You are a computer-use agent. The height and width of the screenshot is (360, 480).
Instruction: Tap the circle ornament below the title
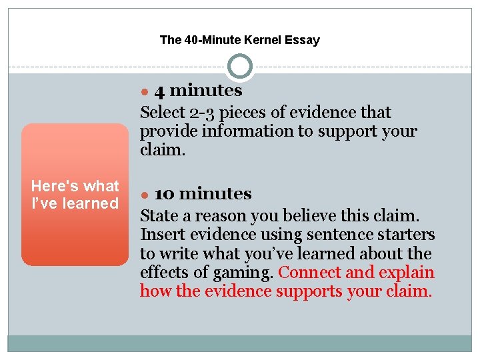click(240, 67)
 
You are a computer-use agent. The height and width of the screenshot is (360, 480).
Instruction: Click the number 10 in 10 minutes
click(164, 194)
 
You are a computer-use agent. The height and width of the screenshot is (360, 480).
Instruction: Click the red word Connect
click(309, 273)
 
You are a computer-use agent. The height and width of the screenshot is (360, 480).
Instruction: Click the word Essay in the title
click(302, 40)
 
